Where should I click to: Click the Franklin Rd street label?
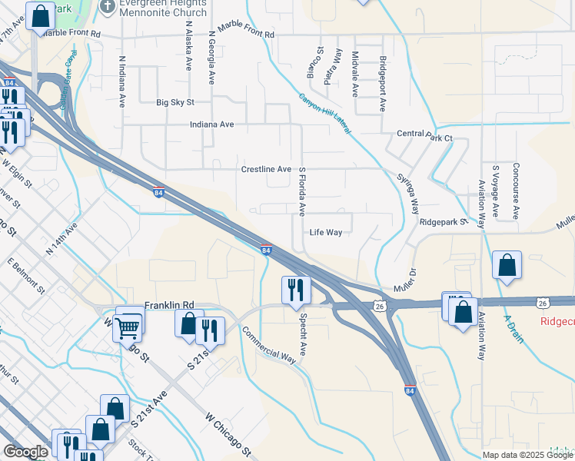[x=173, y=304]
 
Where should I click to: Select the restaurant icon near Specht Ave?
[x=296, y=290]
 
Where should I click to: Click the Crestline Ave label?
[x=266, y=169]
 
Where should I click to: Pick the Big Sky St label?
[x=175, y=102]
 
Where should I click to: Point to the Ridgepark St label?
[x=444, y=222]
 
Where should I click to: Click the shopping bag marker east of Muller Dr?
[x=507, y=265]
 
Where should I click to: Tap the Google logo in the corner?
[x=25, y=452]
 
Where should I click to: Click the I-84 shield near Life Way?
[x=265, y=250]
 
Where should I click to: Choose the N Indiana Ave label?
[x=121, y=81]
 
